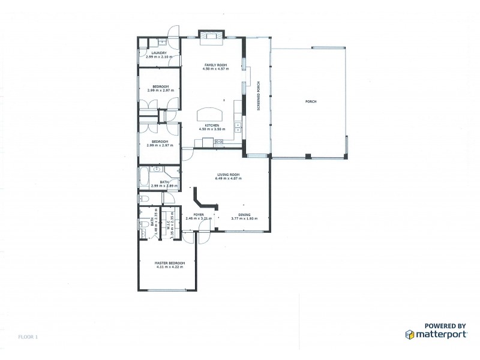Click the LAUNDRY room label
pyautogui.click(x=159, y=53)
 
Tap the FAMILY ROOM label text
pyautogui.click(x=215, y=65)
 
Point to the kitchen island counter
pyautogui.click(x=209, y=113)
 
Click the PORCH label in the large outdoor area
pyautogui.click(x=310, y=101)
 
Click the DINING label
pyautogui.click(x=244, y=214)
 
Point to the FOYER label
pyautogui.click(x=199, y=214)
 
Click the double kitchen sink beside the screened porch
pyautogui.click(x=238, y=127)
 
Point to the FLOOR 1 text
pyautogui.click(x=28, y=337)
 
